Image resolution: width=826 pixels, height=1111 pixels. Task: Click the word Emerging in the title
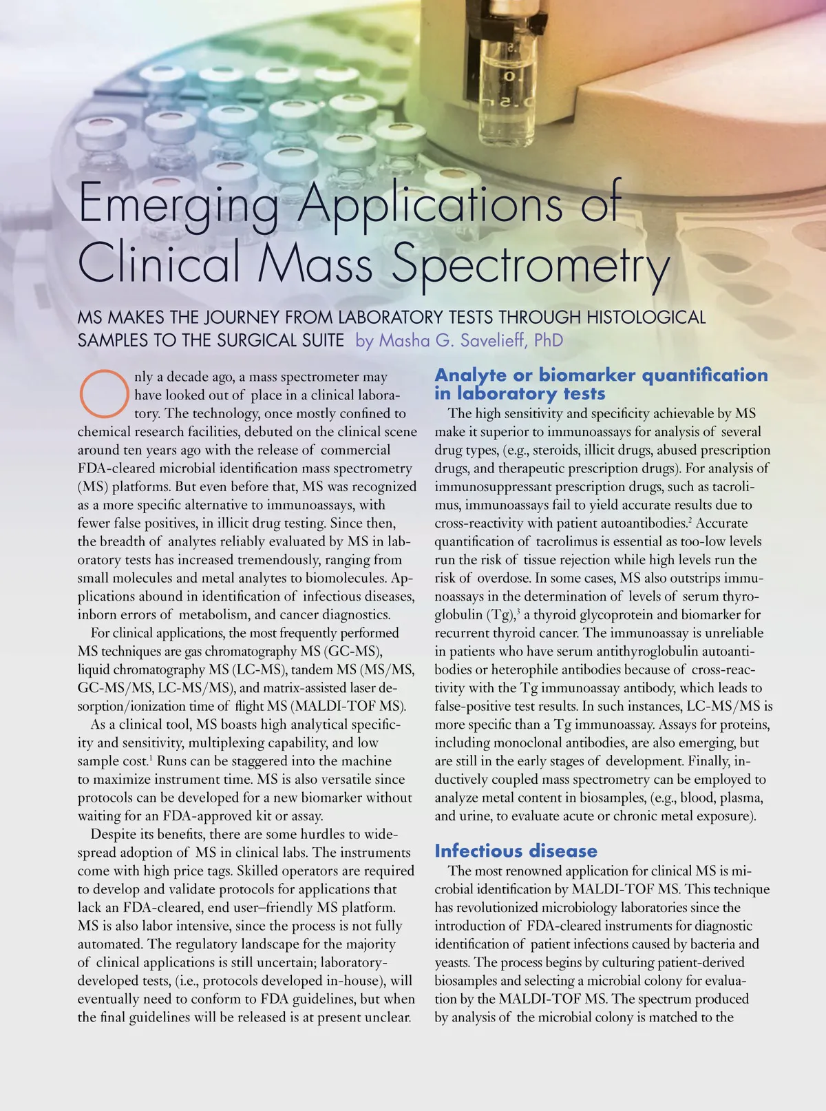(x=178, y=203)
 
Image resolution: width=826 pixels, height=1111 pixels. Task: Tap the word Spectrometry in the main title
(x=530, y=265)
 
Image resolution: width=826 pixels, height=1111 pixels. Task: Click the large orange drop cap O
(x=104, y=394)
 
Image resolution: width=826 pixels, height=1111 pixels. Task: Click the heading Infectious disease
(x=516, y=851)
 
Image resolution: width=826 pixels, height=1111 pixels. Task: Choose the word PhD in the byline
(x=549, y=340)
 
